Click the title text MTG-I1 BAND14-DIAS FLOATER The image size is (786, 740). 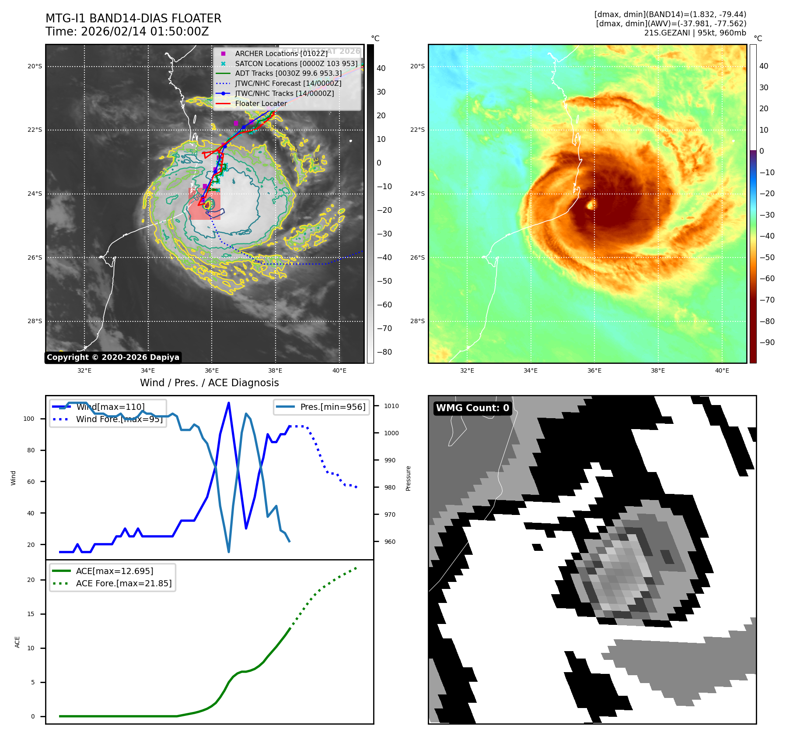[133, 18]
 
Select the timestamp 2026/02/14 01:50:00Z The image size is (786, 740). [145, 32]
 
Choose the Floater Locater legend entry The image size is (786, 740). [261, 104]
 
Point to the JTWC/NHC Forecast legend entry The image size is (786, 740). [288, 83]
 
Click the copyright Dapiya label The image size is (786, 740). [113, 357]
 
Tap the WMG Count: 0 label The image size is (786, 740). [472, 408]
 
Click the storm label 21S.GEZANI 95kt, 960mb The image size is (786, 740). [695, 33]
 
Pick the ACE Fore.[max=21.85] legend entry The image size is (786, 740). [123, 583]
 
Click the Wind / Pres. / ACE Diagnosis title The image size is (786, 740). [209, 383]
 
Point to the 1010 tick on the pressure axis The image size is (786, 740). [391, 406]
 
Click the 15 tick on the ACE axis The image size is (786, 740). [31, 614]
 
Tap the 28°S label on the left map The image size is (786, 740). [35, 321]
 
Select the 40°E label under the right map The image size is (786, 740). [722, 370]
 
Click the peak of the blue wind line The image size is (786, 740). [229, 403]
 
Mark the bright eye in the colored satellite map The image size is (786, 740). [591, 204]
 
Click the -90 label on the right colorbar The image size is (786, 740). [767, 342]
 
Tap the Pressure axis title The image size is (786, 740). [408, 478]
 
